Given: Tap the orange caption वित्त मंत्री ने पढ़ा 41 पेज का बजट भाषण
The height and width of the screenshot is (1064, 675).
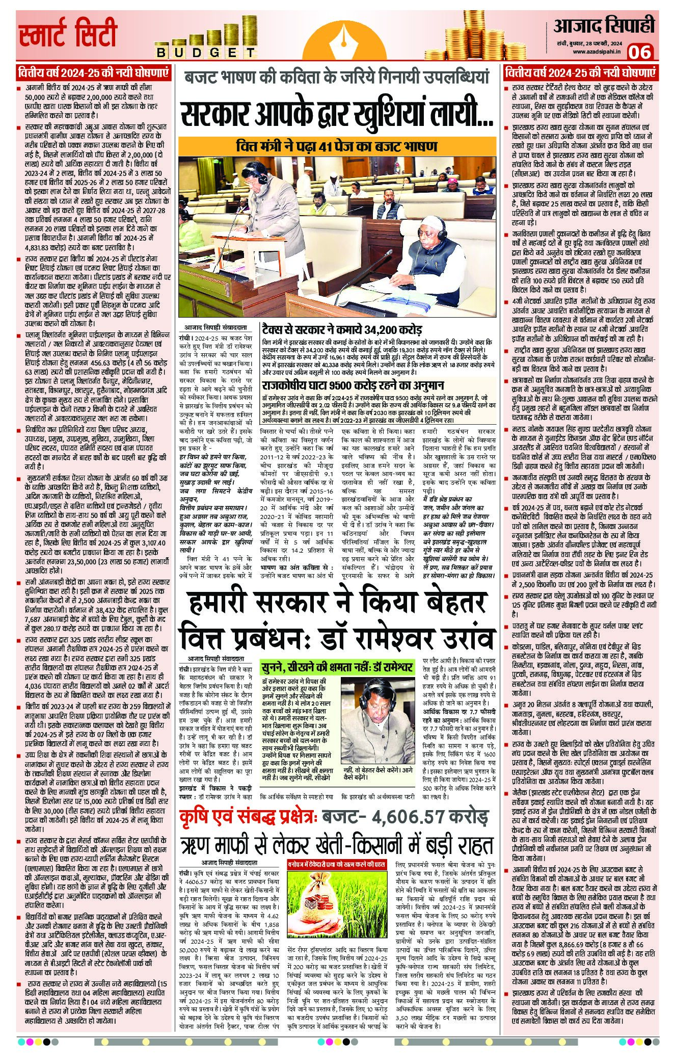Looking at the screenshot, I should (x=337, y=146).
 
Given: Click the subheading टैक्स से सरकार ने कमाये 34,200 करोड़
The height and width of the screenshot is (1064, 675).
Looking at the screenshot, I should (x=341, y=330).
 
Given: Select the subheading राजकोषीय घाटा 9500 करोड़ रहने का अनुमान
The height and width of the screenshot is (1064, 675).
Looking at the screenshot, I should (x=353, y=385).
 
